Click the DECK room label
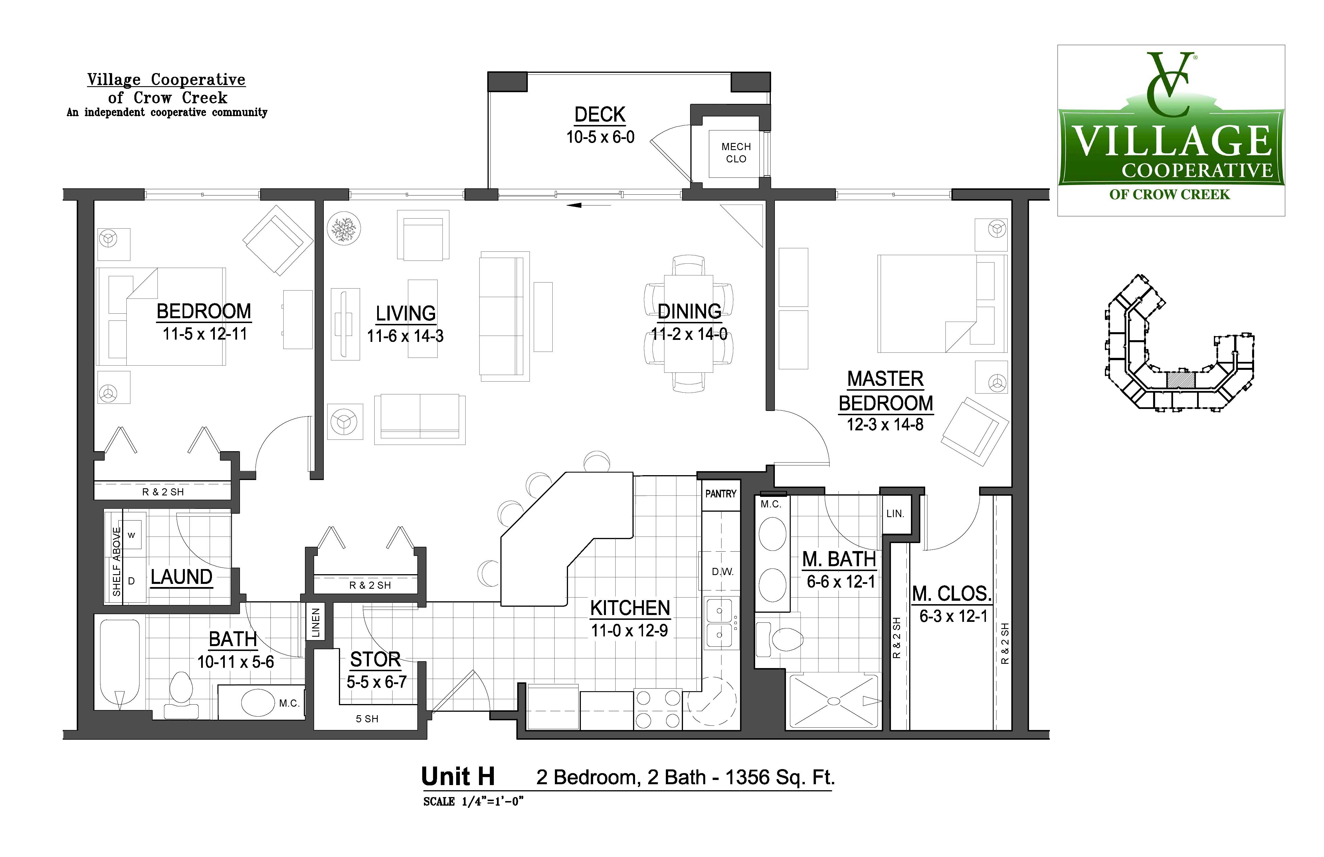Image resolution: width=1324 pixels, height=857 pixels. click(x=600, y=115)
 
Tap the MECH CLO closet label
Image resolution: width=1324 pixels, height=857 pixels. click(x=736, y=152)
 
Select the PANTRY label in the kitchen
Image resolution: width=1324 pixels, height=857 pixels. click(x=720, y=494)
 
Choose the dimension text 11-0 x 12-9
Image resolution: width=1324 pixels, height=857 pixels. click(x=629, y=630)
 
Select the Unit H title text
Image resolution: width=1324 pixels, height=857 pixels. click(x=458, y=776)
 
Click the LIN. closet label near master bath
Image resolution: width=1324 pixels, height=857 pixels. click(x=895, y=514)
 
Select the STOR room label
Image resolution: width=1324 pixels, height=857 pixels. click(x=375, y=660)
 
